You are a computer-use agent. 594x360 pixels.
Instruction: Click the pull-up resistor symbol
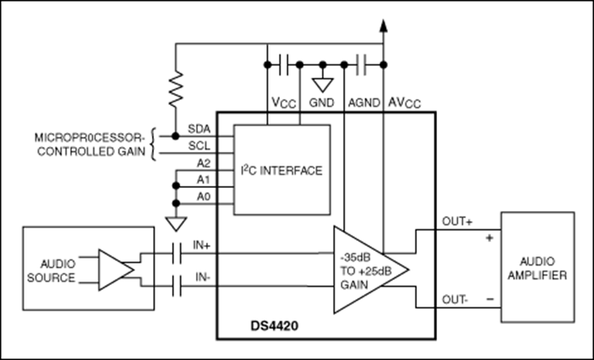pyautogui.click(x=175, y=88)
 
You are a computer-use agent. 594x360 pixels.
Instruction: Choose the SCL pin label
pyautogui.click(x=198, y=145)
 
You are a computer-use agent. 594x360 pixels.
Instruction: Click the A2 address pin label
pyautogui.click(x=204, y=163)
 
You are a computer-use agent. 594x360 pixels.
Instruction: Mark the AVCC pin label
pyautogui.click(x=406, y=103)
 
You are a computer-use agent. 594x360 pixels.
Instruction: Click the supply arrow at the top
pyautogui.click(x=383, y=26)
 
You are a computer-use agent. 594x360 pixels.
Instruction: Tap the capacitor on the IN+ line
pyautogui.click(x=177, y=253)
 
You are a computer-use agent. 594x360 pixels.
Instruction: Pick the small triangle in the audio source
pyautogui.click(x=114, y=271)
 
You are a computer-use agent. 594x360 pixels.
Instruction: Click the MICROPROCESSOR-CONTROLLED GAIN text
pyautogui.click(x=90, y=144)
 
